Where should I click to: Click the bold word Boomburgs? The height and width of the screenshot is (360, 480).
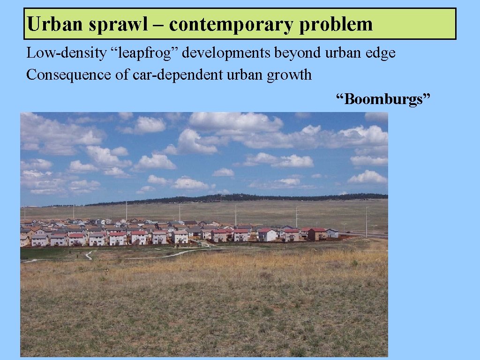[x=382, y=99]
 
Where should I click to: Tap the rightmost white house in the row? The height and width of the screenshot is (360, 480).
[x=332, y=233]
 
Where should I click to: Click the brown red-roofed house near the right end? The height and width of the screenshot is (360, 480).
[x=317, y=233]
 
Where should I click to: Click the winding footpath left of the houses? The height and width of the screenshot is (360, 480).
[x=89, y=255]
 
